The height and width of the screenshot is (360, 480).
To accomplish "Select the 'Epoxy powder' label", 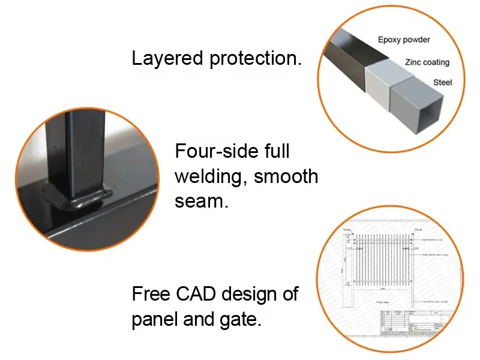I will point(404,40).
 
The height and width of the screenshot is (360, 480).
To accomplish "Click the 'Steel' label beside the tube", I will point(442,82).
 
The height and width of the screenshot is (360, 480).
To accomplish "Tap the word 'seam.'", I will point(202,202).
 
